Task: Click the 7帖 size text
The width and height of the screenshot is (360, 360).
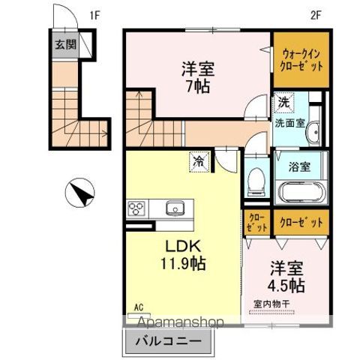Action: (198, 85)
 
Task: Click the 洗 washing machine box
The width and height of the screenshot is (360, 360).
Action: (284, 102)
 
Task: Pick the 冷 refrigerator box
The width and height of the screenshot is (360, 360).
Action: (199, 160)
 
